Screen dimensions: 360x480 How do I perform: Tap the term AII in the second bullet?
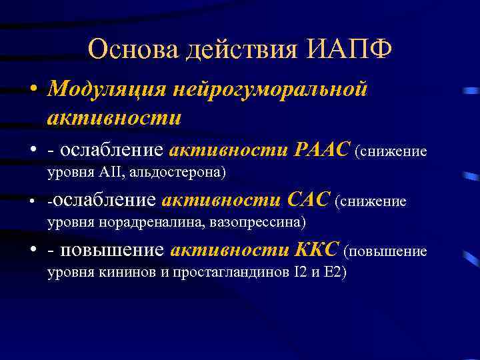[109, 172]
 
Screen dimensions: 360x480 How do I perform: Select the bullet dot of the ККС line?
[32, 251]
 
